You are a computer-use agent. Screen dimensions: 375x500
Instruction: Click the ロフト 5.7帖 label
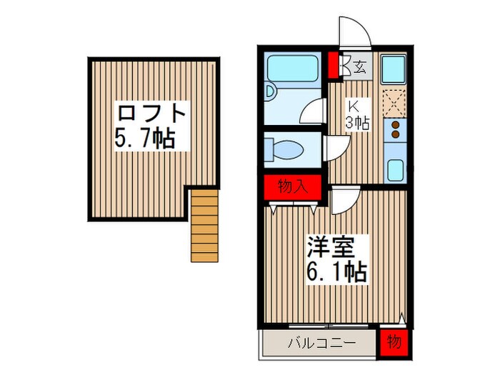151,125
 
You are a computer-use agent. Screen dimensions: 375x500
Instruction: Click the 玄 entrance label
360,69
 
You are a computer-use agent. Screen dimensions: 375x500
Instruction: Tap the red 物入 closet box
294,188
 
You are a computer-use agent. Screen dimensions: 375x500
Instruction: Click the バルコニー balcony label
321,342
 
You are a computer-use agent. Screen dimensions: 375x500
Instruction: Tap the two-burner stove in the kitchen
394,131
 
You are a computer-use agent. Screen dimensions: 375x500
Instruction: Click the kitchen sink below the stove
394,171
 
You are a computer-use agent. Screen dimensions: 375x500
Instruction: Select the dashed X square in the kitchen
394,101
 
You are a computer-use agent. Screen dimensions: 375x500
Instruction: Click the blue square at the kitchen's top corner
394,69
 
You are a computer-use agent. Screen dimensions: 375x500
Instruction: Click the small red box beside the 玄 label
333,65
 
